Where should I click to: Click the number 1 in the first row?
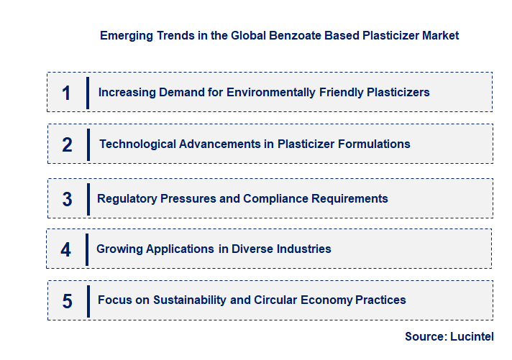[66, 93]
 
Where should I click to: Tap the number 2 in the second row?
[67, 144]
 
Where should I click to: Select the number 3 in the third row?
[67, 199]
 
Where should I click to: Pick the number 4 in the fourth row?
[65, 249]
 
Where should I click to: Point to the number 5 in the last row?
[67, 300]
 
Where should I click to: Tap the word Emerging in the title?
[125, 34]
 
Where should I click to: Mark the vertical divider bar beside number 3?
[88, 198]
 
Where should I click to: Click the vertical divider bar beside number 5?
[88, 300]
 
